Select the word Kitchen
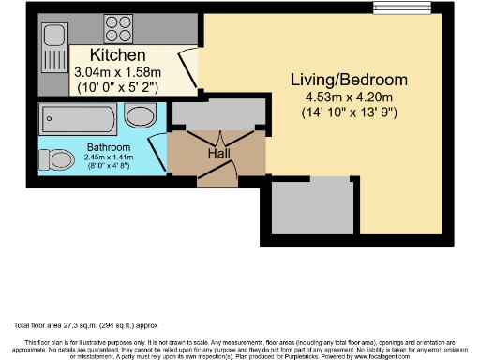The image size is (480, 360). click(118, 55)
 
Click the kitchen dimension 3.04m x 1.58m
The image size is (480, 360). click(119, 72)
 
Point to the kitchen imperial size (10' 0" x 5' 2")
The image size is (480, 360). click(119, 87)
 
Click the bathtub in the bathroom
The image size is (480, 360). click(78, 119)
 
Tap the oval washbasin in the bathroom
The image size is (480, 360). click(142, 116)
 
